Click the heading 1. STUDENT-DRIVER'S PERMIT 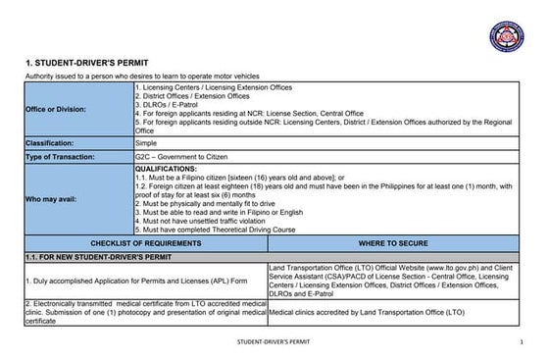[85, 63]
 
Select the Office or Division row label [58, 109]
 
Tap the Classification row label [53, 143]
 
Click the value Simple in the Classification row [147, 143]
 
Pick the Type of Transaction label [60, 157]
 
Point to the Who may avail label [52, 199]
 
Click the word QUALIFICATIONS [166, 169]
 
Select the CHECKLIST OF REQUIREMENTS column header [145, 241]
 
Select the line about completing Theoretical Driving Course [215, 230]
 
